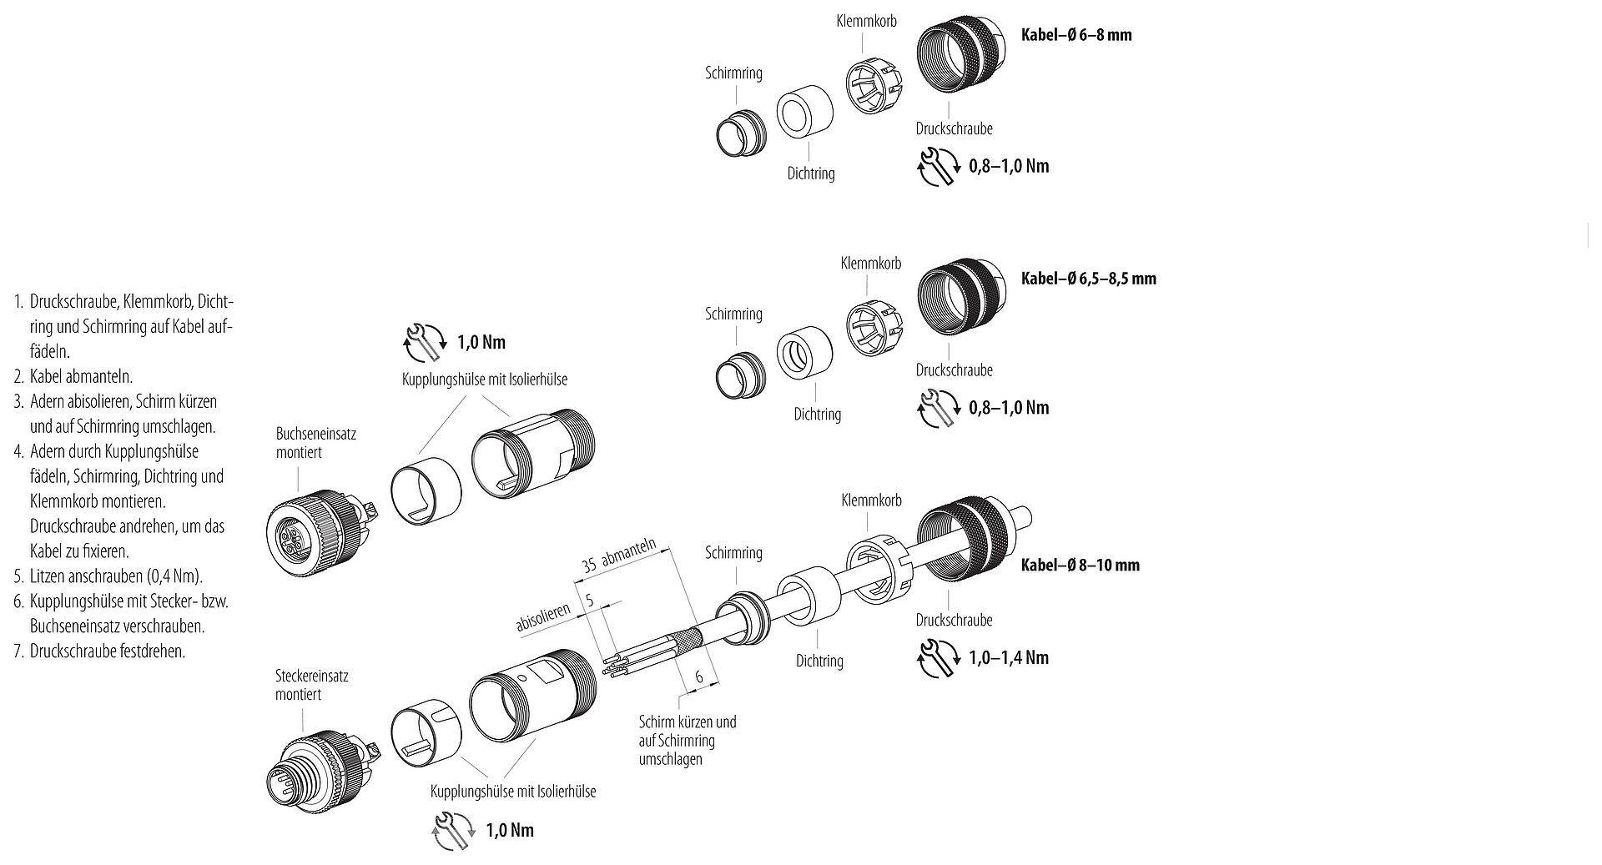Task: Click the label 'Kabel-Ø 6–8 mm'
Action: click(x=1076, y=35)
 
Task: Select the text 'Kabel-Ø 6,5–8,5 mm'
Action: click(x=1088, y=279)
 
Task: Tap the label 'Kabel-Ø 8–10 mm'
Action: click(x=1080, y=565)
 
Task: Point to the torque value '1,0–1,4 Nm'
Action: click(x=1009, y=657)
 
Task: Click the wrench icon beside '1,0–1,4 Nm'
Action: click(x=938, y=658)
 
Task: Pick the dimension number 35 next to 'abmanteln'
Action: click(x=588, y=565)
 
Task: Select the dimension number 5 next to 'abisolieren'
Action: click(x=589, y=601)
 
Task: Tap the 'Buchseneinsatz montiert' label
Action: click(x=305, y=443)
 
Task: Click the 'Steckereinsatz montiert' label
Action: click(x=311, y=685)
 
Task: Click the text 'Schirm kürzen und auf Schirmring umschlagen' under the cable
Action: click(x=688, y=740)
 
